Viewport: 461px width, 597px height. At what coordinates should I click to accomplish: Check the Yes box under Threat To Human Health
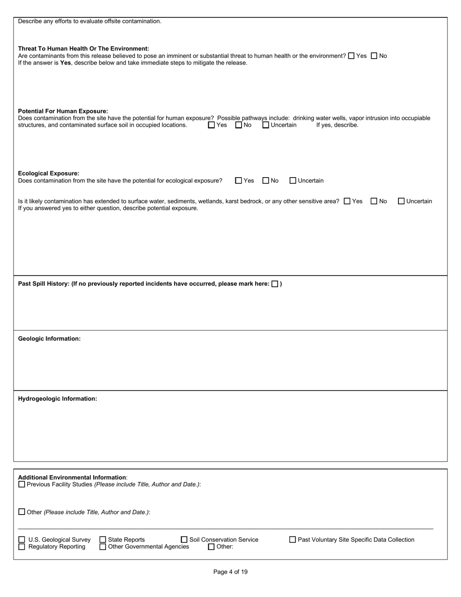point(352,56)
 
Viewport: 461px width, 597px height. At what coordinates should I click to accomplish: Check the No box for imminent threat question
point(374,56)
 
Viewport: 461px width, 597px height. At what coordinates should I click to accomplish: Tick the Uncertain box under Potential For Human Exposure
point(265,125)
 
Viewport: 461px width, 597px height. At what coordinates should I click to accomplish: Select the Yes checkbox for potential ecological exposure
point(238,181)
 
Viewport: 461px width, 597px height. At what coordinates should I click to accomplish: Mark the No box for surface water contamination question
point(374,201)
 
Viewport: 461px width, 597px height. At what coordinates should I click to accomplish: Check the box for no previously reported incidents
point(275,284)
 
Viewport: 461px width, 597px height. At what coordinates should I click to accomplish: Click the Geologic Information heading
point(49,339)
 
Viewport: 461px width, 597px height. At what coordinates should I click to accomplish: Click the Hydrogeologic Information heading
point(57,399)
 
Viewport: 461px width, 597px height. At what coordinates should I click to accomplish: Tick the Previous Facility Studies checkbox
point(21,484)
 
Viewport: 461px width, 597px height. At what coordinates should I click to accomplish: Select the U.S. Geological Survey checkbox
point(21,540)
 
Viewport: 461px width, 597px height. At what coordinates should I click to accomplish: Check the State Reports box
point(102,540)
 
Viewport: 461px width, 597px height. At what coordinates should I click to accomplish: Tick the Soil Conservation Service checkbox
point(184,540)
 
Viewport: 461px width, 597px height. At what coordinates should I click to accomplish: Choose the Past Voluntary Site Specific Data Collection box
point(293,540)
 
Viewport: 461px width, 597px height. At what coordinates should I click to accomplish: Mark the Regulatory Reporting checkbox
point(21,547)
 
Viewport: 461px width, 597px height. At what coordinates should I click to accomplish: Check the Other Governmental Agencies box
point(102,547)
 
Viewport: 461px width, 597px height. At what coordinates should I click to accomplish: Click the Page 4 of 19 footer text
point(230,572)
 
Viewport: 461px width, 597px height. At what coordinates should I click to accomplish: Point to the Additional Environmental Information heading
point(72,478)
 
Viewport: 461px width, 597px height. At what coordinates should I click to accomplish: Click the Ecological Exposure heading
point(49,173)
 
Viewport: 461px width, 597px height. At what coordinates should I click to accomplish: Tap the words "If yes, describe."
point(337,125)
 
